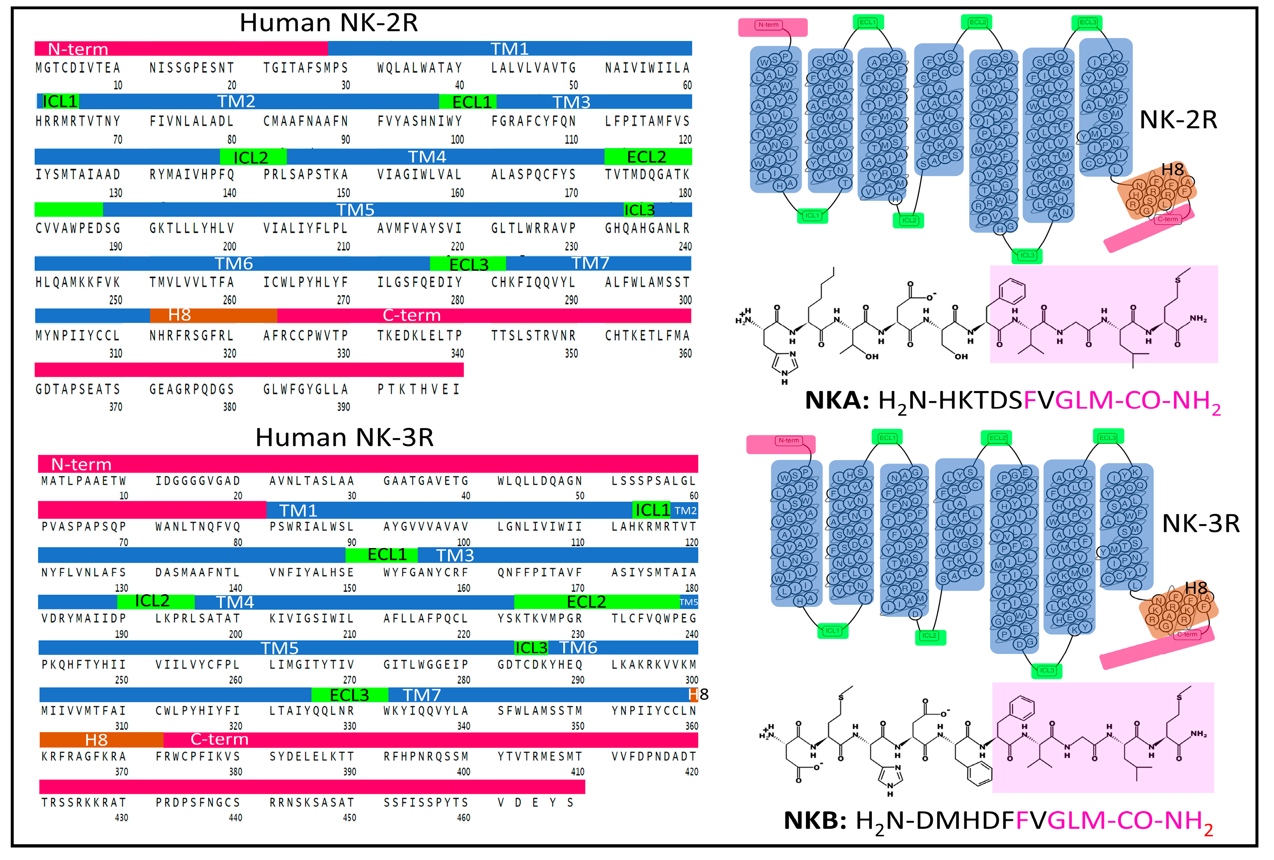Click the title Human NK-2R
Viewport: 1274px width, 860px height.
[328, 23]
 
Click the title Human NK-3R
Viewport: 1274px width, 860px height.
[344, 438]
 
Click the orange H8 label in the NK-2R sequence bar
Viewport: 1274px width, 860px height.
[179, 315]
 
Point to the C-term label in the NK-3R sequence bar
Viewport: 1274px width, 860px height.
[219, 740]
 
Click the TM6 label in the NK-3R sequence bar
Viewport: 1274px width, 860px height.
[578, 648]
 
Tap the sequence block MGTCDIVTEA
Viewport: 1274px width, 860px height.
[78, 68]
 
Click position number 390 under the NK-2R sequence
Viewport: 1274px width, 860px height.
[343, 407]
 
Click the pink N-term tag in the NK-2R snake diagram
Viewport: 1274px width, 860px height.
[769, 25]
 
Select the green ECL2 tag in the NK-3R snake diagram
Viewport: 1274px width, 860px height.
[997, 438]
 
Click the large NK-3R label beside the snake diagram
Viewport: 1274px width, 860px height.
[1201, 524]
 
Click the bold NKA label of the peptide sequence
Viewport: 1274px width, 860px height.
[836, 400]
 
